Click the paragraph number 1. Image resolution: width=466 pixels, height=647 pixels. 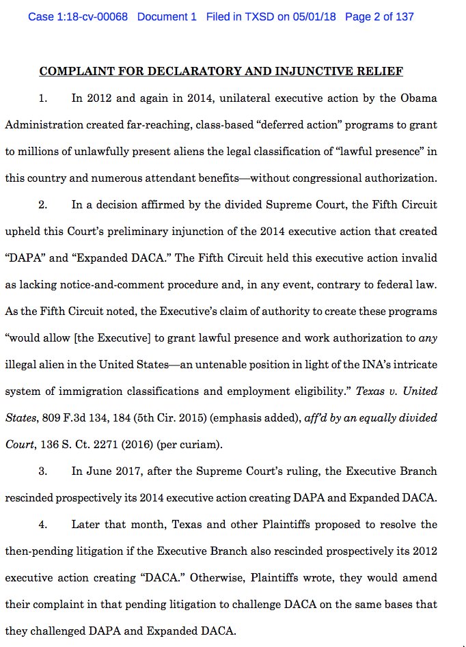coord(42,98)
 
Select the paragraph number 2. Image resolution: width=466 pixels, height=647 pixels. coord(42,204)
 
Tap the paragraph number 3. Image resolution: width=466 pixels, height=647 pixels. coord(42,471)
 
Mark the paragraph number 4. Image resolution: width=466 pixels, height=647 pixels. coord(42,525)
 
